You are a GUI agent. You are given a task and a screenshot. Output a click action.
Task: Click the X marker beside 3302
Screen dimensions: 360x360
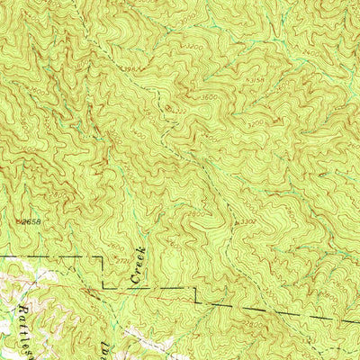(235, 220)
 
